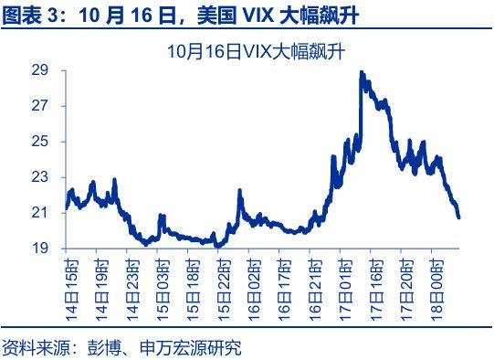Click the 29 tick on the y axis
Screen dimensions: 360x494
[40, 70]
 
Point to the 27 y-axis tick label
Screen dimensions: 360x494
[40, 106]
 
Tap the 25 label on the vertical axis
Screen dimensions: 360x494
[40, 142]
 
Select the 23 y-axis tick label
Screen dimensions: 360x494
[40, 177]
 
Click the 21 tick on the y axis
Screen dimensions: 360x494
[40, 213]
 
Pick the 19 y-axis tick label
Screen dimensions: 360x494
[40, 249]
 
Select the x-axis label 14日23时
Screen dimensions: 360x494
[133, 285]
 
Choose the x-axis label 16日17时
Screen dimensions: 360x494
[285, 285]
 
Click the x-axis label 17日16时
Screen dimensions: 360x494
[376, 285]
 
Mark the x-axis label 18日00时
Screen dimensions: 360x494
[437, 285]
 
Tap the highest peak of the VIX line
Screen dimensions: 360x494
[362, 72]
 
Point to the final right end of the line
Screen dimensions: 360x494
[458, 217]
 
